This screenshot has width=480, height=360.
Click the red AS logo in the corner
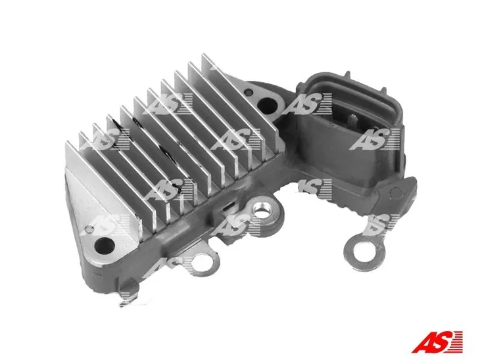(437, 342)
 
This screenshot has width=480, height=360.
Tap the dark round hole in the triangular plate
(105, 246)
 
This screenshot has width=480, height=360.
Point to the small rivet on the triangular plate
(89, 229)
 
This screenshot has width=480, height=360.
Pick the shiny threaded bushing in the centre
(261, 211)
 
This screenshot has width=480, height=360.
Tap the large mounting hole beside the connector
(267, 106)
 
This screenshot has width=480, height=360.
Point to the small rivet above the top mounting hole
(249, 91)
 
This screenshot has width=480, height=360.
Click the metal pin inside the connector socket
(353, 118)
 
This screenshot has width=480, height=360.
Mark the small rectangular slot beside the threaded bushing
(228, 207)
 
